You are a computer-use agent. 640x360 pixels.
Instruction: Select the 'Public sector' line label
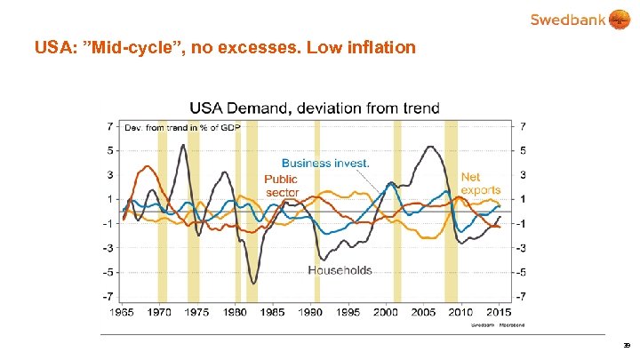282,186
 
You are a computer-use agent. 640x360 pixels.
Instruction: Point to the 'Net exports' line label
481,183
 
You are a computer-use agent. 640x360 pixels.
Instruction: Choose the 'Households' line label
340,270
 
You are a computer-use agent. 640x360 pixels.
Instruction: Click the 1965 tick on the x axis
123,312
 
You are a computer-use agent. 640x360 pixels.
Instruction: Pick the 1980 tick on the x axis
236,312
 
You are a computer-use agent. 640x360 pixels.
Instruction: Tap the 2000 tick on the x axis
386,312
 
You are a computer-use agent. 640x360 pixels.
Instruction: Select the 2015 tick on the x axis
499,312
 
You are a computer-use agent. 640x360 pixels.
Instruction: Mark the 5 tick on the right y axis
522,150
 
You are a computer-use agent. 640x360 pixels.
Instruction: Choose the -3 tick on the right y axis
522,247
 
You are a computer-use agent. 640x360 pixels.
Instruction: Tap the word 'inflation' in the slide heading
379,47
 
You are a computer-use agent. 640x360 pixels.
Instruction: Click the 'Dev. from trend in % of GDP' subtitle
181,127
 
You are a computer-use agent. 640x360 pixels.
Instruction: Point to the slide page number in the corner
627,344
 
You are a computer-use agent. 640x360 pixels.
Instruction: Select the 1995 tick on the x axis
348,312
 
